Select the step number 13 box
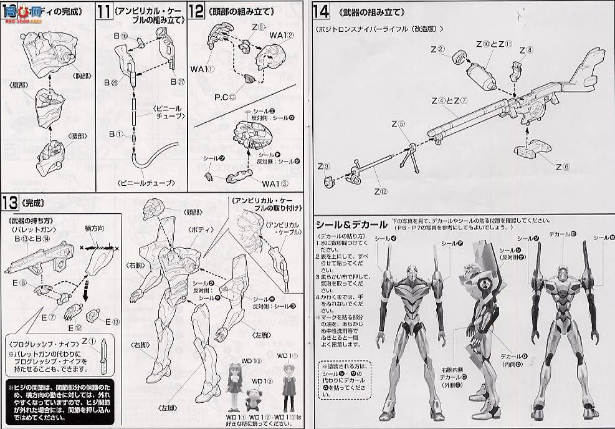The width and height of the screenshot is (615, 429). pos(11,203)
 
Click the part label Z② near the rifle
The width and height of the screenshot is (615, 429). pos(439,50)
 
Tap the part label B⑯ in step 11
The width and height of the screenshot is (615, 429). pos(120,37)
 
